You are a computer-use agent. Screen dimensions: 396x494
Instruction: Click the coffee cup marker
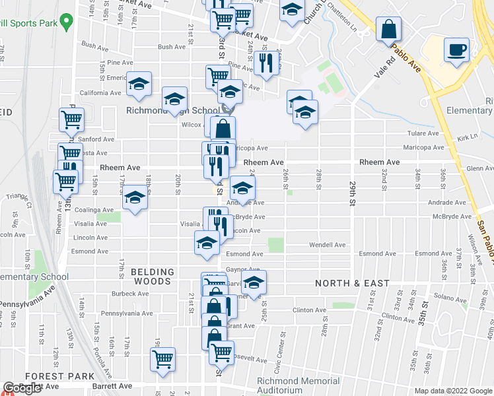coord(456,49)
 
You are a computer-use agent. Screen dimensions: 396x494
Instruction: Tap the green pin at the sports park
coord(65,23)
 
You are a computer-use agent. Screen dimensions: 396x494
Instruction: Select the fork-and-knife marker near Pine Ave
coord(266,63)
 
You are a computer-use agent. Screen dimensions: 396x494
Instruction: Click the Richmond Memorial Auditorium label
coord(298,385)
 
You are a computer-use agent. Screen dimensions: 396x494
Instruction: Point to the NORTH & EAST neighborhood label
coord(352,283)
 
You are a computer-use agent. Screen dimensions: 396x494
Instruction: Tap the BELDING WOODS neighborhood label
coord(152,277)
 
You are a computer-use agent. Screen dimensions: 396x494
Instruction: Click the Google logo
coord(22,389)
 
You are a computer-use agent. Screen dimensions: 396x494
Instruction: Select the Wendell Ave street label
coord(328,245)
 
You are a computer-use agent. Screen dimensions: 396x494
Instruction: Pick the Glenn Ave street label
coord(479,168)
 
